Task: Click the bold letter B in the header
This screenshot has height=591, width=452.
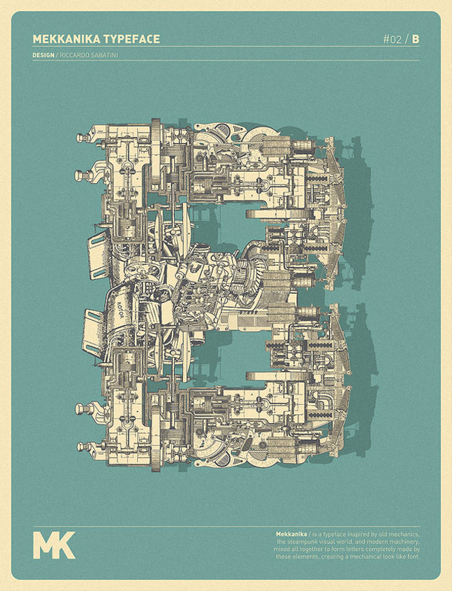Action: pos(415,39)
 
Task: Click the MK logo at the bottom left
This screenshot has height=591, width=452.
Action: pos(53,543)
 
